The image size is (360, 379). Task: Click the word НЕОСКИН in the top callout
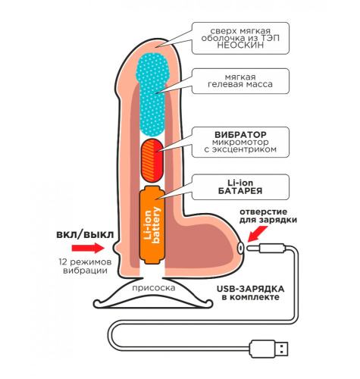240,45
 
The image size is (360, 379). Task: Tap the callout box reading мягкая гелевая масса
240,81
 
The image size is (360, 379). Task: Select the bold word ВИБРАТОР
240,134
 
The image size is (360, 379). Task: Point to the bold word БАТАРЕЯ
240,191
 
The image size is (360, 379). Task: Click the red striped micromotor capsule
152,160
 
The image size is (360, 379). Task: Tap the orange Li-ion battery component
152,225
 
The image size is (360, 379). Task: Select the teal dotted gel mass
152,94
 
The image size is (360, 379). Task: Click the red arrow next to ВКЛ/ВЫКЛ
88,248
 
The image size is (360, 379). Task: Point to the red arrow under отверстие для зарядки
257,233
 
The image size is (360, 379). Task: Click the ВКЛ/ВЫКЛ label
85,235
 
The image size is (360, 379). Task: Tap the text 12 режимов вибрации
85,266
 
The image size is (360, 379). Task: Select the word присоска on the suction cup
154,288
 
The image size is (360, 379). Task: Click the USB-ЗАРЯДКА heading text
250,289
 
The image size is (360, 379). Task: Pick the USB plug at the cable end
268,349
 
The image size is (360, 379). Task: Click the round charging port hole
240,247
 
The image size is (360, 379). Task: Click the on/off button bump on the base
117,248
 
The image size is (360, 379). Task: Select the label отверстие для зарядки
268,215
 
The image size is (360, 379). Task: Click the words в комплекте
251,297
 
